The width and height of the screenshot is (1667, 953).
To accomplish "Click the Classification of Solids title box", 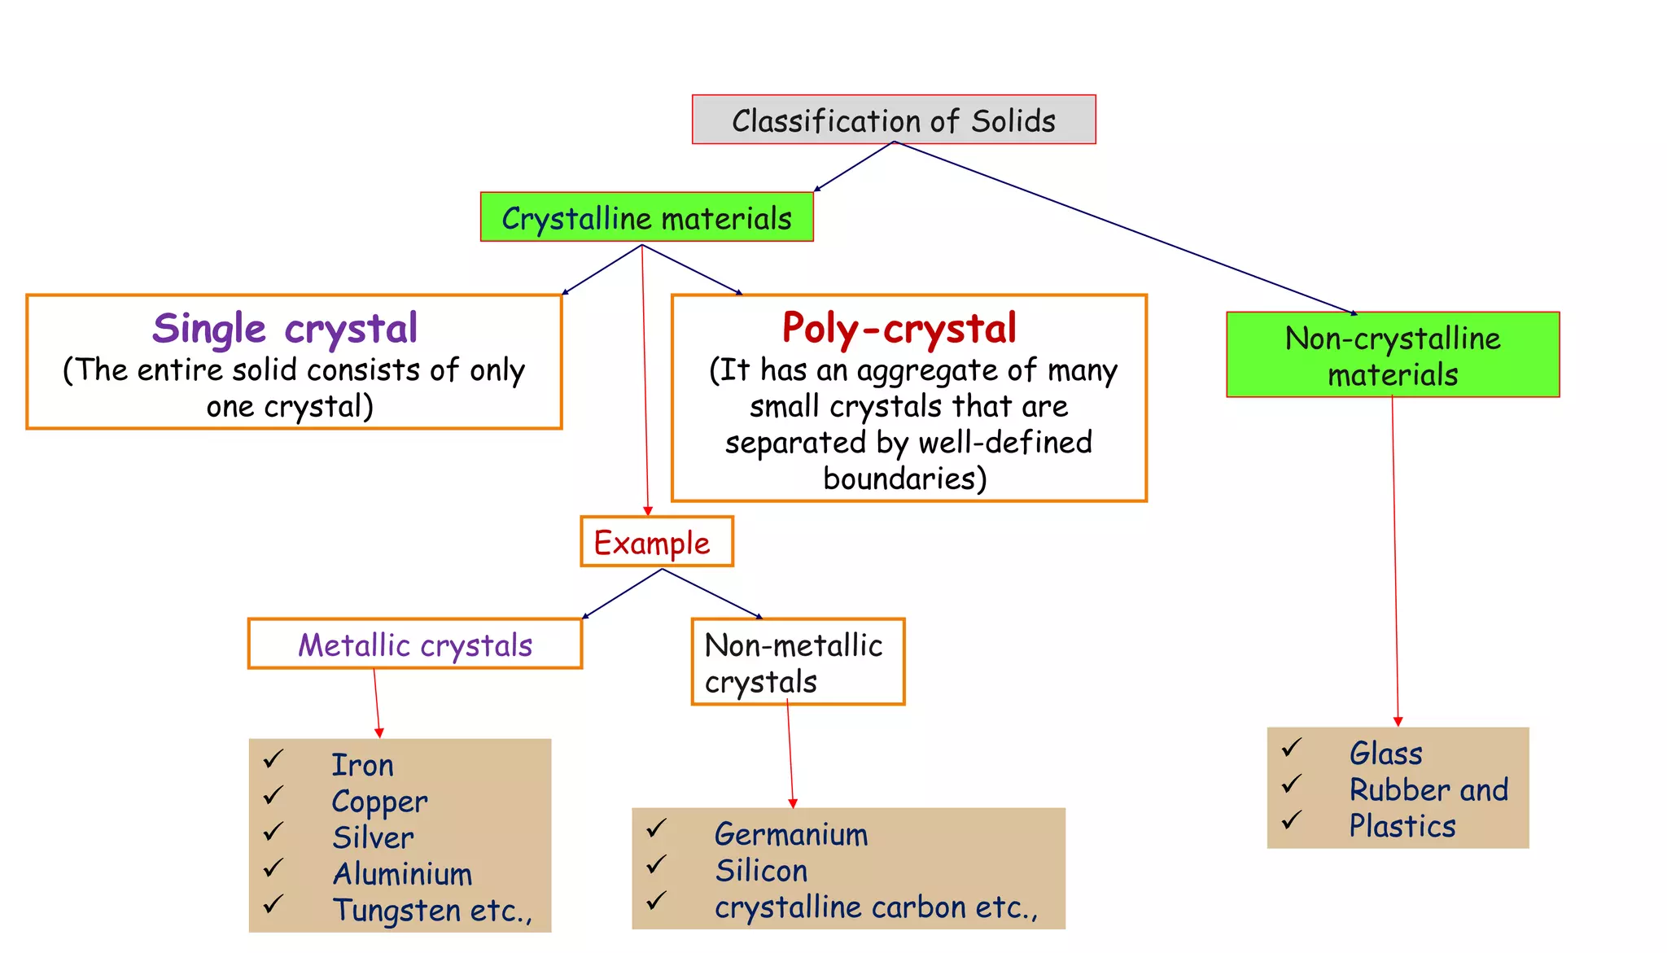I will (x=894, y=120).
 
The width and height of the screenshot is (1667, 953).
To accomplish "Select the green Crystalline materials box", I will (x=646, y=217).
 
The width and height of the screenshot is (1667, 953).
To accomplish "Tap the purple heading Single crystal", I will (x=285, y=328).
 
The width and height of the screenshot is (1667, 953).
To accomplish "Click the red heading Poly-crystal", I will (x=899, y=328).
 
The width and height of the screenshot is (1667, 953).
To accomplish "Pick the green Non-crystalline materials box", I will (x=1393, y=355).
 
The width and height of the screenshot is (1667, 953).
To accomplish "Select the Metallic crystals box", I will (x=415, y=645).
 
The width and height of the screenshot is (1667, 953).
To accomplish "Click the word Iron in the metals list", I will (x=362, y=765).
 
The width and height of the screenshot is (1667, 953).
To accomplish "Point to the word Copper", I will (x=379, y=802).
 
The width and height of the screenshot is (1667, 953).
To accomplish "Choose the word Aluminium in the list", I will (x=402, y=874).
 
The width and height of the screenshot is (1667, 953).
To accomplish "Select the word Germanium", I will (x=791, y=834).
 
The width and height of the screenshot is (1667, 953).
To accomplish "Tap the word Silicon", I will (x=761, y=871).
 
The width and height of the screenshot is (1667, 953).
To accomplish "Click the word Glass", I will (x=1385, y=754).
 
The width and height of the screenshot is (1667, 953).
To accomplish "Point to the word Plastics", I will (x=1402, y=826).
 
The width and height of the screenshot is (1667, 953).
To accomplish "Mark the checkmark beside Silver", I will (x=273, y=832).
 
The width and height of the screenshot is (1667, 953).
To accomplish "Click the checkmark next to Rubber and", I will (x=1292, y=784).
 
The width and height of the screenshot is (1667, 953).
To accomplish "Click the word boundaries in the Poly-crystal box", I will (x=904, y=479).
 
